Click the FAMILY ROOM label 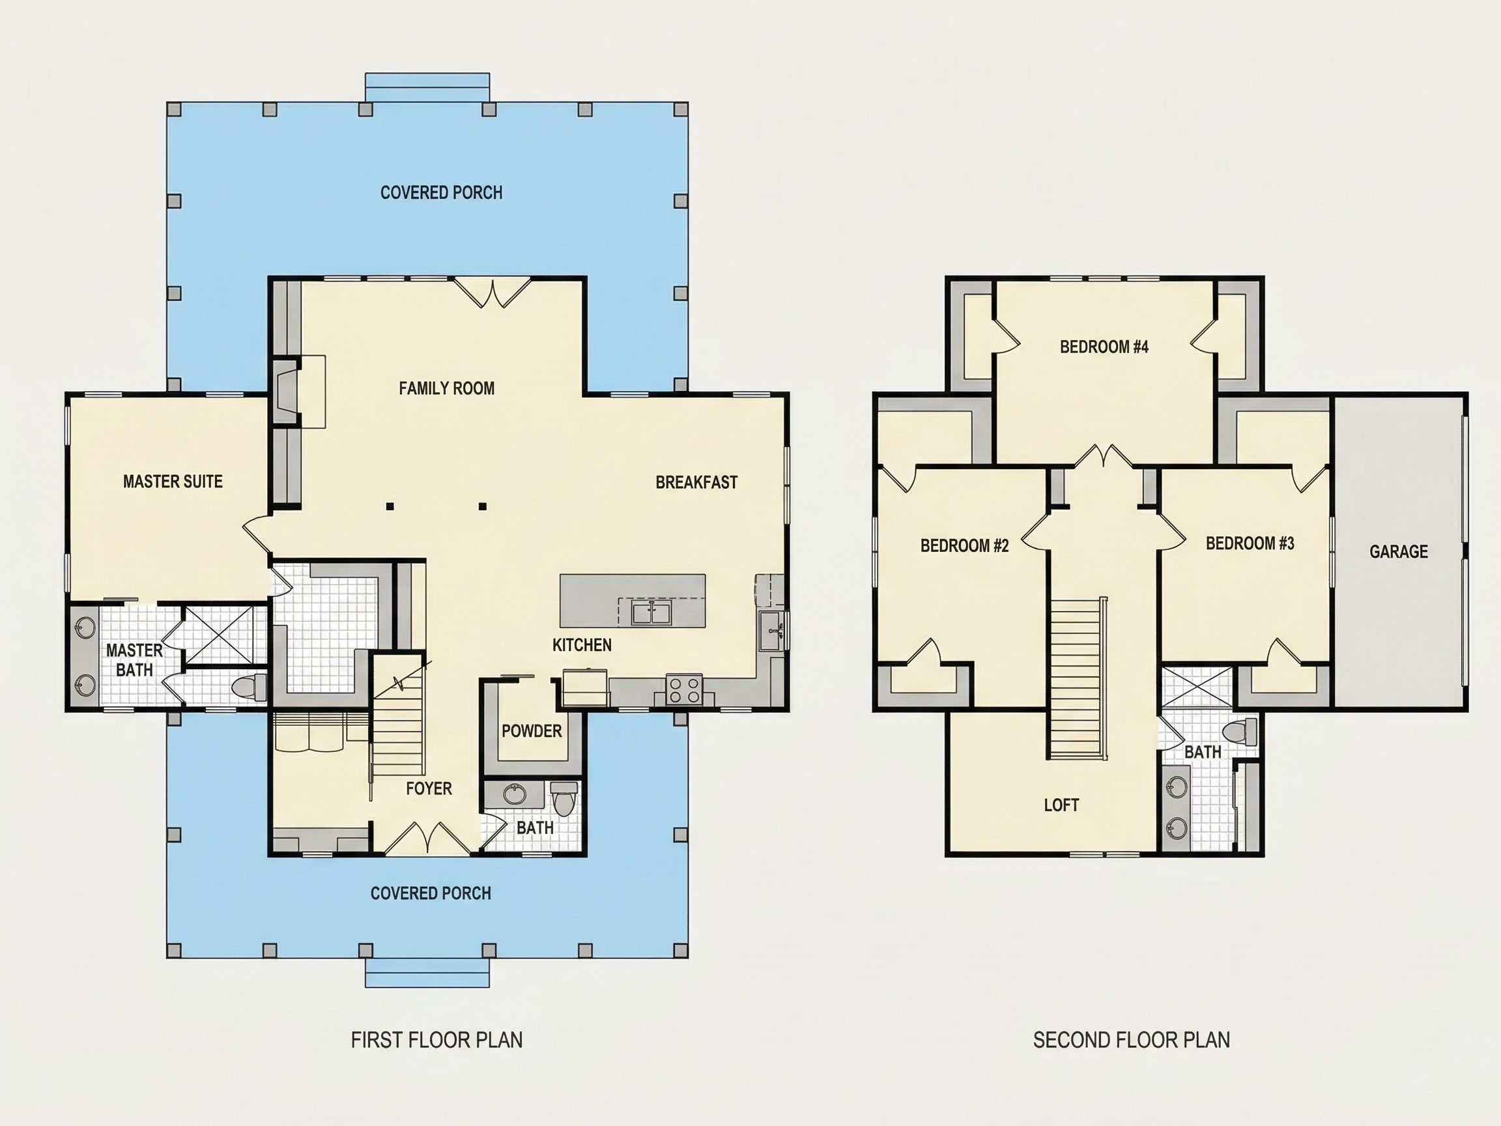coord(446,388)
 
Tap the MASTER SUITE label coord(173,481)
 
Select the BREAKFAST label coord(696,482)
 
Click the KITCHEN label coord(582,645)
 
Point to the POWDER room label coord(532,731)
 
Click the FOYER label coord(429,788)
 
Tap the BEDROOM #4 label coord(1104,347)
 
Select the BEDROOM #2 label coord(964,545)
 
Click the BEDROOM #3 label coord(1250,543)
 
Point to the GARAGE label coord(1399,551)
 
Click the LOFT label coord(1061,805)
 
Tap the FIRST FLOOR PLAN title coord(436,1040)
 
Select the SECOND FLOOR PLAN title coord(1131,1040)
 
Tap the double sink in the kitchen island coord(651,613)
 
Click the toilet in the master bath coord(250,687)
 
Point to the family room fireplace coord(287,392)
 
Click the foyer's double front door coord(427,837)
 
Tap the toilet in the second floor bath coord(1238,733)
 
